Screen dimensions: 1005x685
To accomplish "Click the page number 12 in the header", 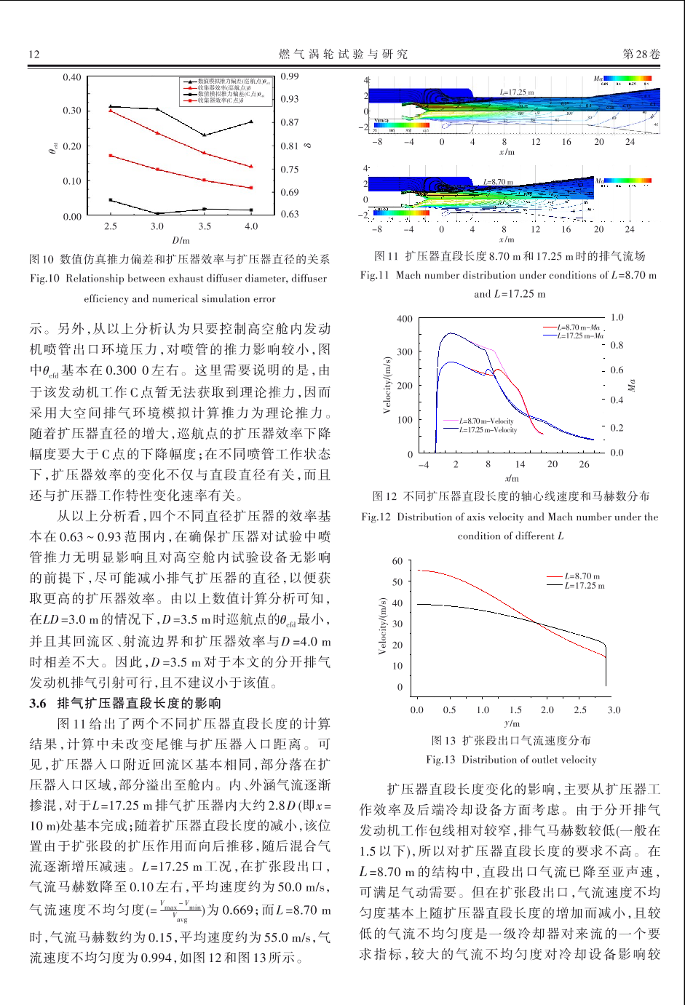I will coord(34,55).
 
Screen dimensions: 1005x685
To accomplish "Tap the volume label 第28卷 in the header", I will coord(641,55).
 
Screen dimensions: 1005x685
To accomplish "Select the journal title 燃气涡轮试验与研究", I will coord(344,55).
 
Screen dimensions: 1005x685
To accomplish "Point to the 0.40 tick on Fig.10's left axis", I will coord(72,78).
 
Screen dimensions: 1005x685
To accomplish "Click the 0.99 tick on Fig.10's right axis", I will coord(290,76).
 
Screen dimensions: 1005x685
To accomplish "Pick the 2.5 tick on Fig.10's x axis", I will coord(110,226).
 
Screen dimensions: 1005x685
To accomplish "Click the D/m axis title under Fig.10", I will coord(181,240).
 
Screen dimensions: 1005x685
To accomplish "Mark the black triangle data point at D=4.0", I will coord(251,122).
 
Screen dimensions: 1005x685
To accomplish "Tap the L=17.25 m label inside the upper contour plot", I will coord(517,92).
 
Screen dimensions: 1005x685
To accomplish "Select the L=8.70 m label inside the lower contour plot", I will coord(498,182).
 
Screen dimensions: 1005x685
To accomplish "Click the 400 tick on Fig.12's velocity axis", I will coord(404,319).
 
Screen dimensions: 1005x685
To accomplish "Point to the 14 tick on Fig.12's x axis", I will coord(520,464).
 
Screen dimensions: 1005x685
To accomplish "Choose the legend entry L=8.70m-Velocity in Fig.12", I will coord(487,421).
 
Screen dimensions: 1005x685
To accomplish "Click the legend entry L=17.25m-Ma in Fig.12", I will coord(580,336).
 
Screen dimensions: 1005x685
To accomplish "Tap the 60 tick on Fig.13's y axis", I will coord(397,561).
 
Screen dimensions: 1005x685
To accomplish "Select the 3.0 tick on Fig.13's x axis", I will coord(614,710).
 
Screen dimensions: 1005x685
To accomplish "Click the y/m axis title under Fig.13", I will coord(512,723).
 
